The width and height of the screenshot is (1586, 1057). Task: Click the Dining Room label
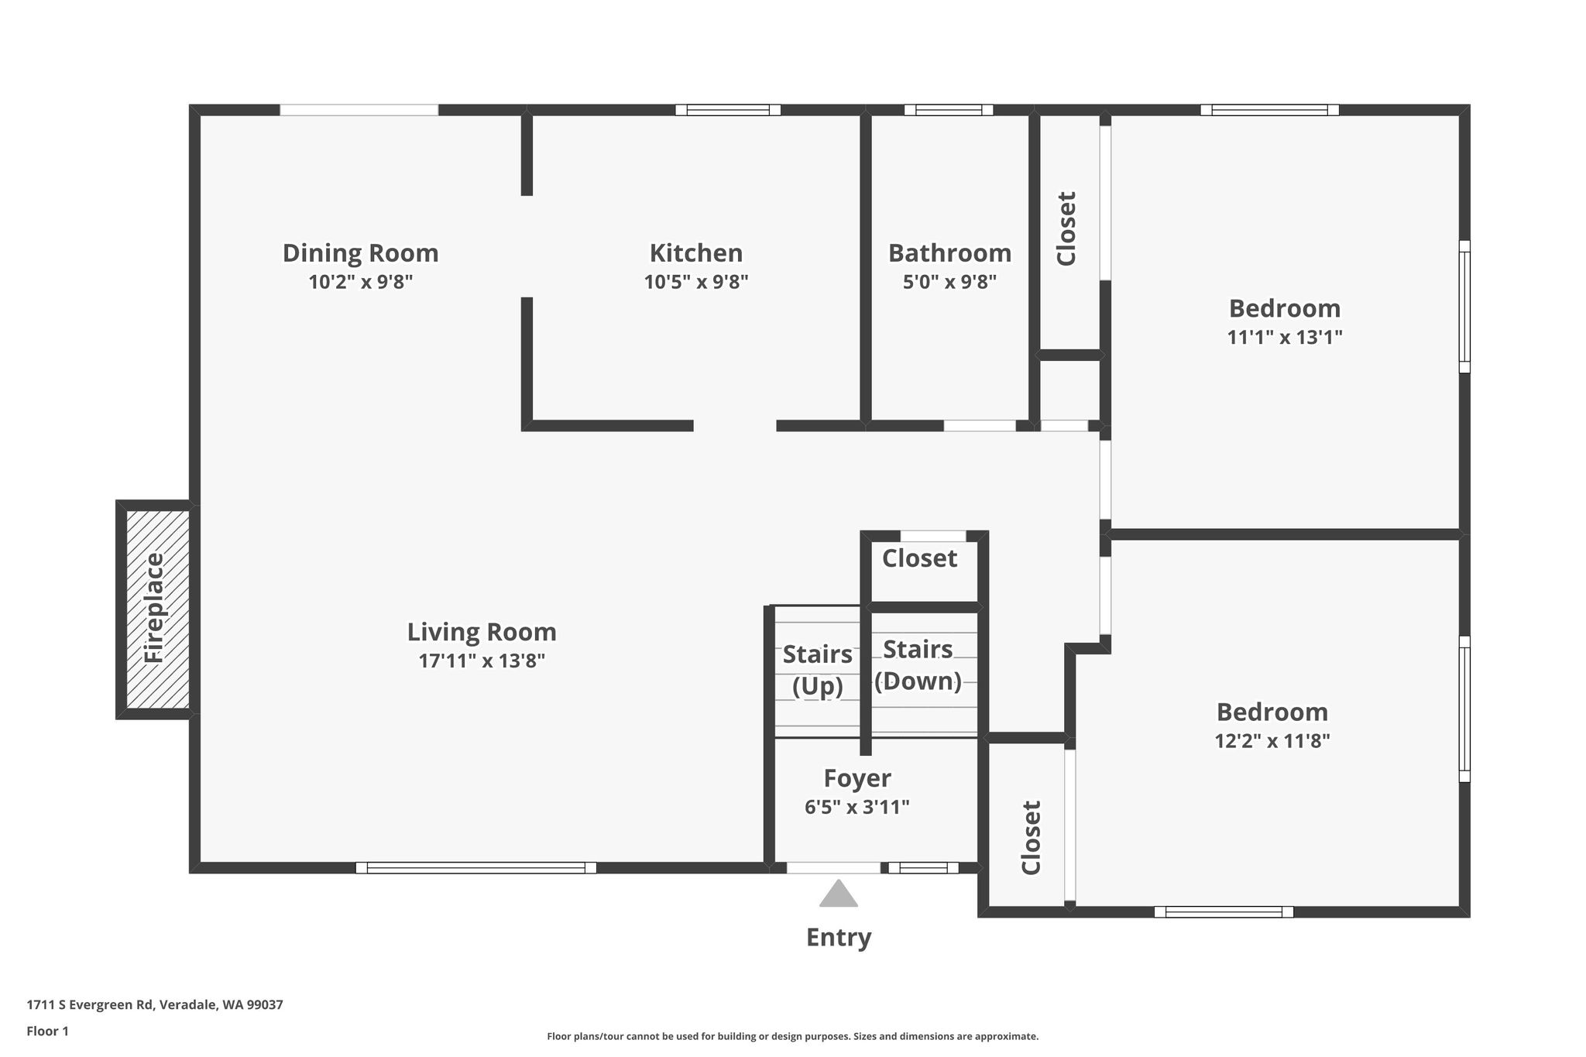[x=360, y=253]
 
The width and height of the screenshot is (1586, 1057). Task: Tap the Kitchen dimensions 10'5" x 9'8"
[x=696, y=282]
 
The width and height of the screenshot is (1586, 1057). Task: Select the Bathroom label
[x=949, y=253]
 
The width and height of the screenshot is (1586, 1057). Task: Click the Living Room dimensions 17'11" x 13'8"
[x=482, y=661]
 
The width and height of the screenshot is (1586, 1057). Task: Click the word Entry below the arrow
[x=839, y=938]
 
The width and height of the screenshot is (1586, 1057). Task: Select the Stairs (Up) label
[x=818, y=670]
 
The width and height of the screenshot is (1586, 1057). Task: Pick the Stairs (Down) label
[x=918, y=664]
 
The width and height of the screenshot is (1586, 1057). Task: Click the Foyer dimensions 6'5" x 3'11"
[x=857, y=807]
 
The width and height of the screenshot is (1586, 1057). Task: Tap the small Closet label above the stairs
[x=919, y=558]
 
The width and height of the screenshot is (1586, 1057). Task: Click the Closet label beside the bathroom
[x=1066, y=228]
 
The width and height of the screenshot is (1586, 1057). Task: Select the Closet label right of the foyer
[x=1031, y=837]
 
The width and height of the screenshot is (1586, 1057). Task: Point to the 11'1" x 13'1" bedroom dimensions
[x=1285, y=338]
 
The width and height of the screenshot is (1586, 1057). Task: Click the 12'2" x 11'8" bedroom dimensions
[x=1272, y=741]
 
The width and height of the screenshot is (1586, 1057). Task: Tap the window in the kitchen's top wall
[x=728, y=110]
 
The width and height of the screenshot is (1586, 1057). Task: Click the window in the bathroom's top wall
[x=949, y=110]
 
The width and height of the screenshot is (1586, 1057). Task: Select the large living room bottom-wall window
[x=476, y=867]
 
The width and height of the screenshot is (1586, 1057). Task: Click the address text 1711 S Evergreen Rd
[x=91, y=1005]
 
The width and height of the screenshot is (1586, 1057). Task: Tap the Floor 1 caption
[x=48, y=1031]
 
